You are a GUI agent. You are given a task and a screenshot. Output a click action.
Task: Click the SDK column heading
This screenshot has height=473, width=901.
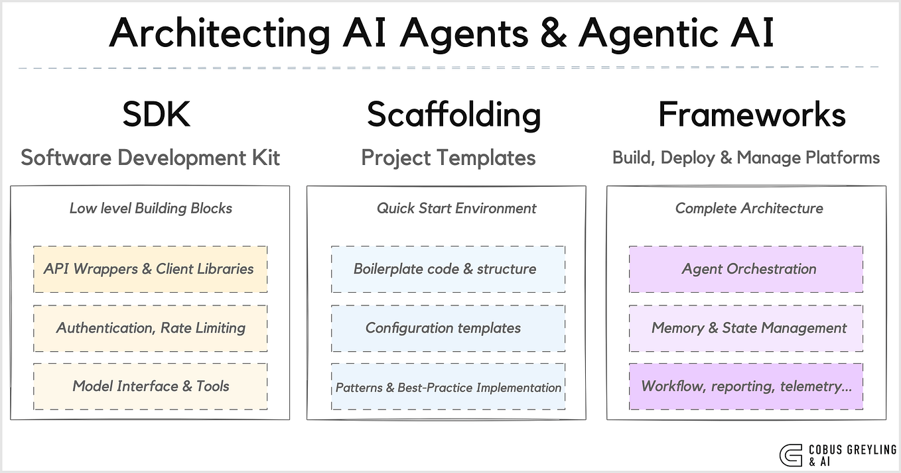pos(157,115)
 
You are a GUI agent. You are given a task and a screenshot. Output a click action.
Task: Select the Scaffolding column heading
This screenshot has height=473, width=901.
pos(454,115)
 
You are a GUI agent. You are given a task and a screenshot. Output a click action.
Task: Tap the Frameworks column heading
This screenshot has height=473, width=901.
pos(752,115)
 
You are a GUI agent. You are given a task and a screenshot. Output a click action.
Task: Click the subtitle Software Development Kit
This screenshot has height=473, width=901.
pos(151,158)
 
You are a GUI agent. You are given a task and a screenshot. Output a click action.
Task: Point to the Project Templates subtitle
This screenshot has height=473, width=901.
pos(449,158)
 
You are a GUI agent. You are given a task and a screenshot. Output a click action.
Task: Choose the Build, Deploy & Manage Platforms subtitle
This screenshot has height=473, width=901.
pos(746,158)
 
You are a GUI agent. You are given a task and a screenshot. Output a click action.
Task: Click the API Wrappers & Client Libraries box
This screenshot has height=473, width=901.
pos(150,269)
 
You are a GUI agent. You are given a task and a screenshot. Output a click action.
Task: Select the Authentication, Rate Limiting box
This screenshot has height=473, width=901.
pos(150,328)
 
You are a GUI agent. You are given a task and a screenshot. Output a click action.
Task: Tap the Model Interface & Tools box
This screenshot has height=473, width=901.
pos(150,386)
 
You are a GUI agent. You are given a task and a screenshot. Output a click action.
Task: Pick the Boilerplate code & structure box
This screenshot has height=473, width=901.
pos(448,269)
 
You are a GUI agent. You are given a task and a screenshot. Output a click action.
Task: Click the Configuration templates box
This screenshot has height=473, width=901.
pos(448,328)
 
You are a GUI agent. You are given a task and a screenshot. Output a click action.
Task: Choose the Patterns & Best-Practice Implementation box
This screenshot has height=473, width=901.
pos(448,387)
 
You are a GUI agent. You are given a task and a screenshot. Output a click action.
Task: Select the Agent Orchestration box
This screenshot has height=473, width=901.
pos(746,269)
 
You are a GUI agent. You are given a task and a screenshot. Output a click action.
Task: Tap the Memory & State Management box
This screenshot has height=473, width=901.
pos(746,328)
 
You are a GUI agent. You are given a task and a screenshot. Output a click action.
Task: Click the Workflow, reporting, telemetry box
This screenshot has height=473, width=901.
pos(746,386)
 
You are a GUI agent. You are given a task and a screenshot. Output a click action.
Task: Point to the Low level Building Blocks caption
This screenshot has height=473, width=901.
pos(151,209)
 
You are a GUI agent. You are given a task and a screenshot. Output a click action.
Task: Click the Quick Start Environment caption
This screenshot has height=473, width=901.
pos(456,209)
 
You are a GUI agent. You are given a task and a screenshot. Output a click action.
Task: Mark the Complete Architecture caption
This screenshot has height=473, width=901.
pos(749,209)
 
